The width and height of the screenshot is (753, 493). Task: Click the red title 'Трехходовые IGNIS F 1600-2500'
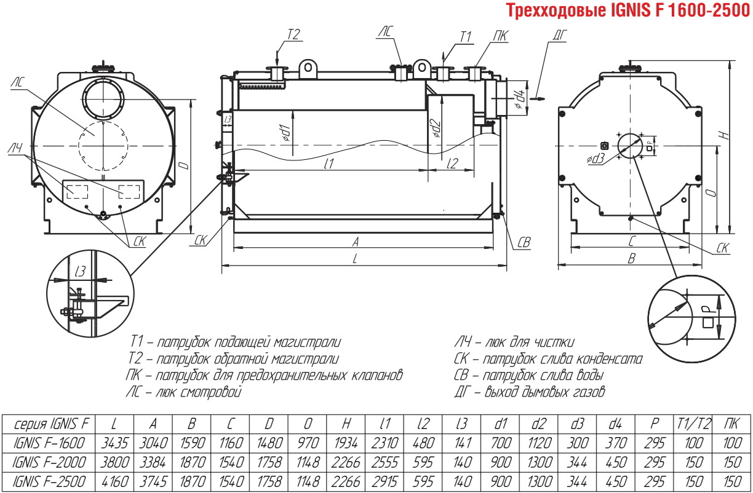tap(627, 10)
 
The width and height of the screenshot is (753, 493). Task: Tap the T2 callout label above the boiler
tap(293, 34)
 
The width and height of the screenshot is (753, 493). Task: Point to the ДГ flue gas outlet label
tap(560, 36)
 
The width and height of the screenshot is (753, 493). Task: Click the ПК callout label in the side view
tap(501, 36)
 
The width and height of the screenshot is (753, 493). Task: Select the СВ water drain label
tap(524, 242)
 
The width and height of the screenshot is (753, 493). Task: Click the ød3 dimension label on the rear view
tap(596, 159)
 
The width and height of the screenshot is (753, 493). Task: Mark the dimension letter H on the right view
tap(725, 135)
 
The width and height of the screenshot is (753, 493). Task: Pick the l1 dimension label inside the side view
tap(329, 164)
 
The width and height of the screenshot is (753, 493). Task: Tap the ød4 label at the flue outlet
tap(519, 99)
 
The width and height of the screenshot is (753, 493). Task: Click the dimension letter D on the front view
tap(184, 165)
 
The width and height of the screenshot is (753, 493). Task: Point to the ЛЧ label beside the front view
tap(15, 148)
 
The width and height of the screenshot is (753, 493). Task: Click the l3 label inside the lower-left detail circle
tap(81, 271)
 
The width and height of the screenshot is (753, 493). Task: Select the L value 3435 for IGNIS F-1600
tap(114, 443)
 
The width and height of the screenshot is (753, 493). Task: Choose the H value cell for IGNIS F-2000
tap(346, 463)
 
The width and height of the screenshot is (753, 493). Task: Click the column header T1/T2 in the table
tap(693, 424)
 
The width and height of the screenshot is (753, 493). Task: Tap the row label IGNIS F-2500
tap(49, 482)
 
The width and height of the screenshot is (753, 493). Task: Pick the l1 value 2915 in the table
tap(384, 482)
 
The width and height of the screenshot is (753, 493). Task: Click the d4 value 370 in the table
tap(616, 443)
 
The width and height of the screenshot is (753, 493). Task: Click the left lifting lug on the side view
tap(308, 68)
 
